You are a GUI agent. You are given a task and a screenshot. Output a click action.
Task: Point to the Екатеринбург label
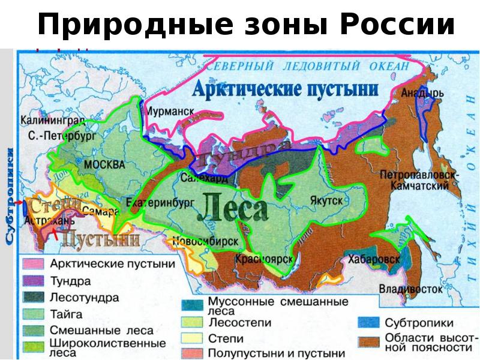point(151,203)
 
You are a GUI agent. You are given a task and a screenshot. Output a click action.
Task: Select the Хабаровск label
point(373,259)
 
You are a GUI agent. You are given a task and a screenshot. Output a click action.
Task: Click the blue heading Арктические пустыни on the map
point(285,90)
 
